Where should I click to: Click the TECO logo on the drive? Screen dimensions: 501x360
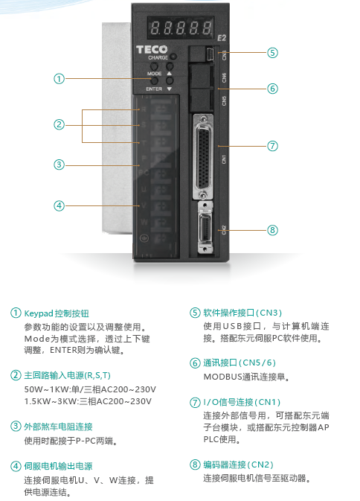[152, 50]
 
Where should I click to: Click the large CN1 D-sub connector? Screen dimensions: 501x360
[206, 157]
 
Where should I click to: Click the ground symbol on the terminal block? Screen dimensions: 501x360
[144, 237]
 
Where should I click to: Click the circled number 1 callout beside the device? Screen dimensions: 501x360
[59, 77]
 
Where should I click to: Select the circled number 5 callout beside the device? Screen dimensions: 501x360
[273, 52]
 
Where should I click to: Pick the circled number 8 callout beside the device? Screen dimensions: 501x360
[273, 230]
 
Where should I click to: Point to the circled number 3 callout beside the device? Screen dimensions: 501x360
[59, 164]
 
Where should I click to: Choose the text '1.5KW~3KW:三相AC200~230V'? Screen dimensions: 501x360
[88, 401]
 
